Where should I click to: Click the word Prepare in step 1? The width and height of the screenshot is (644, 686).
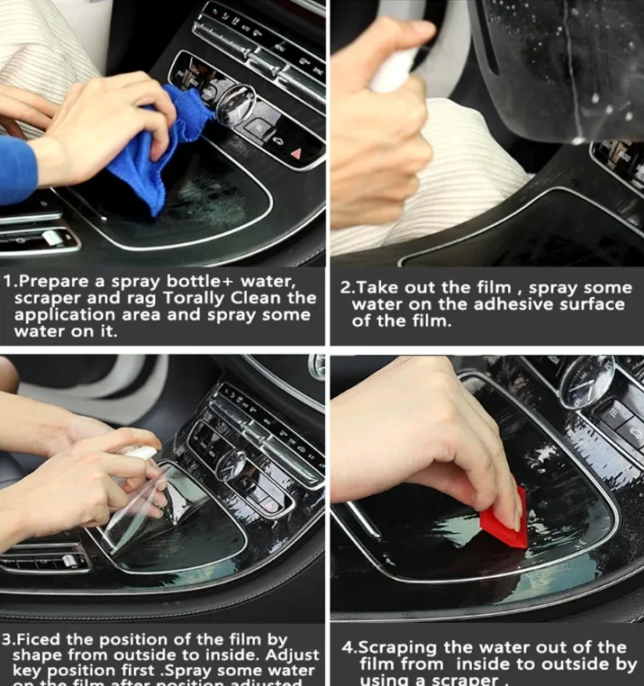point(57,281)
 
